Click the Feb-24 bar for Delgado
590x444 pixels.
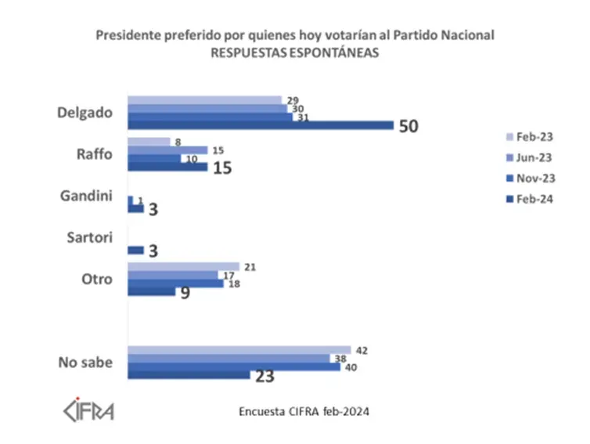point(260,125)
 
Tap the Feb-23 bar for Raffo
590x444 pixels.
point(149,142)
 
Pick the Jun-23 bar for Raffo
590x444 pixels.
point(167,150)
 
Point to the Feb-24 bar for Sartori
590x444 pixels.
point(135,250)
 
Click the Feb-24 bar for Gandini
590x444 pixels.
point(135,208)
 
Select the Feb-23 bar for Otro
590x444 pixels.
point(183,267)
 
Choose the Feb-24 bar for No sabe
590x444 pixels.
point(189,375)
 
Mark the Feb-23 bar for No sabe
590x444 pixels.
point(239,349)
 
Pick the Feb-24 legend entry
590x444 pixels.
point(530,199)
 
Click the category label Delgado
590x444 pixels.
point(85,112)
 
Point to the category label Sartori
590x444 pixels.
point(91,237)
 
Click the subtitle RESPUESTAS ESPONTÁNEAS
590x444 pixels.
point(295,53)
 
